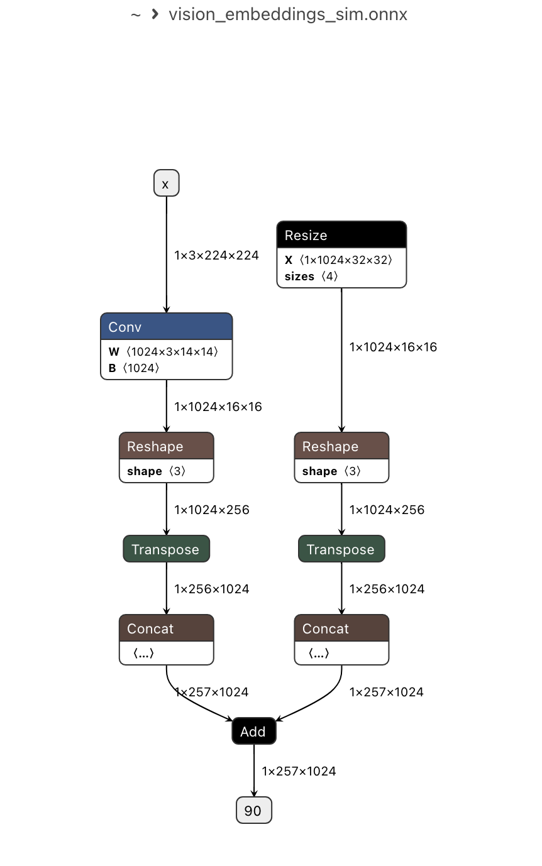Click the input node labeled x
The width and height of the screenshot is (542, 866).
pos(166,184)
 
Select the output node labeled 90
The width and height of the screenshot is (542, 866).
pos(253,811)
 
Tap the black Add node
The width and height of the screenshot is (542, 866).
pos(253,732)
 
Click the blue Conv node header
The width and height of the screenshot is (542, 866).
pos(166,327)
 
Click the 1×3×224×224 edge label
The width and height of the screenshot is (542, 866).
pos(216,255)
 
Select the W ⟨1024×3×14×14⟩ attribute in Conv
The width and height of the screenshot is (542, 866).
pos(163,352)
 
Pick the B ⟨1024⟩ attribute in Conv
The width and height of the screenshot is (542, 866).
pos(134,368)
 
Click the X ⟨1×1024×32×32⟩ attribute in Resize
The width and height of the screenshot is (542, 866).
pos(339,260)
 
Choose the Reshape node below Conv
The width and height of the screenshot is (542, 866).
pos(166,447)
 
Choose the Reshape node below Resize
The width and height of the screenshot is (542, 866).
pos(341,447)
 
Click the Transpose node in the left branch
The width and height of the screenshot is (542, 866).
pos(166,549)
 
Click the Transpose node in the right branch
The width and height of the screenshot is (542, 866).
pos(341,549)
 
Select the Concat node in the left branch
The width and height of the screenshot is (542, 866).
pos(166,629)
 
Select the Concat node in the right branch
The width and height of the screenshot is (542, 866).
pos(341,629)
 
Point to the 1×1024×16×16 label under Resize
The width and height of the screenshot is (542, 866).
pos(393,347)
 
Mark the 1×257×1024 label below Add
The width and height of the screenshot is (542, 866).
pos(299,771)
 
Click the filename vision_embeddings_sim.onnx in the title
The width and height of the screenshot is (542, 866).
pos(287,14)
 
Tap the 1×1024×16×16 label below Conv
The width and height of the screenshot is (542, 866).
pos(218,407)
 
